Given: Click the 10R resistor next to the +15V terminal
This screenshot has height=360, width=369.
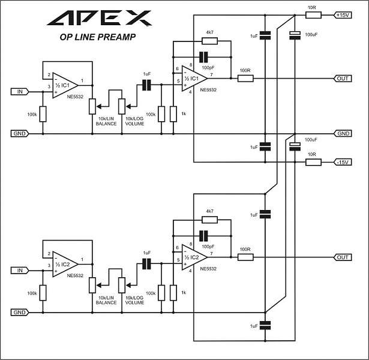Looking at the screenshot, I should (312, 14).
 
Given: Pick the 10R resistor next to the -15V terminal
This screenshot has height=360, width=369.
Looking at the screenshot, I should (312, 162).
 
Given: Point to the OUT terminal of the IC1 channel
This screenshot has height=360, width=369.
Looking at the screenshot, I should (343, 78).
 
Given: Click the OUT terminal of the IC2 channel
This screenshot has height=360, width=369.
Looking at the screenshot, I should (343, 257).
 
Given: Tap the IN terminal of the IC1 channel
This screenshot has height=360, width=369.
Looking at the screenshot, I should (19, 91).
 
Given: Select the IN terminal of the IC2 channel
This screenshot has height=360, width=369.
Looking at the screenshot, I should (19, 271).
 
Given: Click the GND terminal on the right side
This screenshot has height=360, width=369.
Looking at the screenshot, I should (343, 133).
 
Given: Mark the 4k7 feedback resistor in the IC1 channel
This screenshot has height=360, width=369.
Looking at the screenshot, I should (209, 41).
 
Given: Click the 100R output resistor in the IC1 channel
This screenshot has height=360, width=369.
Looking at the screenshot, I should (245, 78).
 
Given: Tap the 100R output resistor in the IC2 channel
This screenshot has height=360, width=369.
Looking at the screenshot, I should (245, 257).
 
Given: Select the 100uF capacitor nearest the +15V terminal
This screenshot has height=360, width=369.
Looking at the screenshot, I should (295, 34).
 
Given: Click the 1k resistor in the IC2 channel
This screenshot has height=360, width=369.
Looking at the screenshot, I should (173, 293).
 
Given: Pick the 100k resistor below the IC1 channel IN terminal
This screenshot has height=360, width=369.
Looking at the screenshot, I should (43, 113).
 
